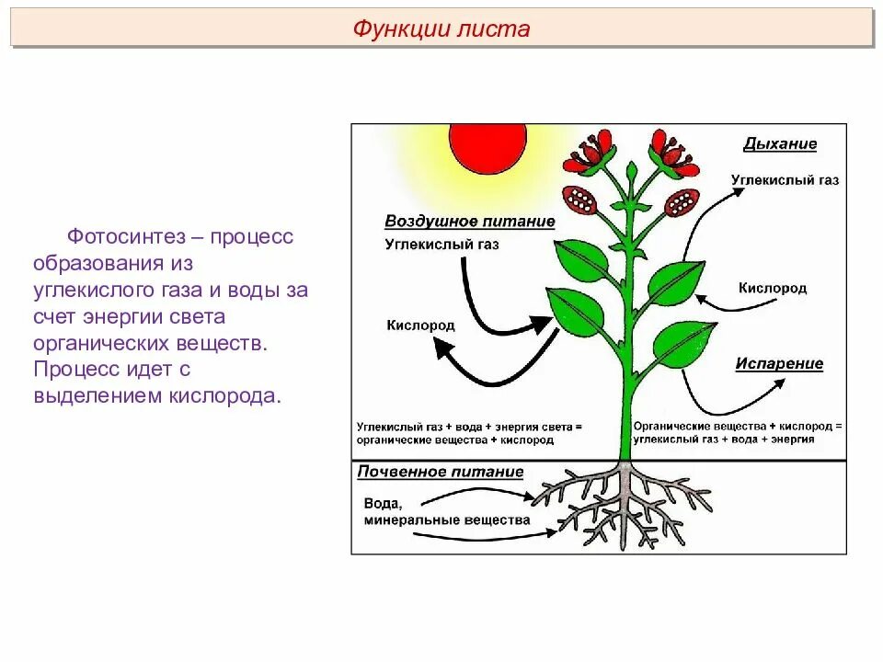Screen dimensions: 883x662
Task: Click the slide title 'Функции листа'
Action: point(441,29)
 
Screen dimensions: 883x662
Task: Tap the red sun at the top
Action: point(487,147)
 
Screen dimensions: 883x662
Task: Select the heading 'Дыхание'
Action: point(780,144)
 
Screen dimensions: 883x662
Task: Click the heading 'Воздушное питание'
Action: point(469,222)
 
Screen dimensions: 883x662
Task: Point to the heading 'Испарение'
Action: point(779,363)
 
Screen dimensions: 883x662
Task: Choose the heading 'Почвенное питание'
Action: point(441,473)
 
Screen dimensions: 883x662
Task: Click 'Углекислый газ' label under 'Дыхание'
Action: point(785,181)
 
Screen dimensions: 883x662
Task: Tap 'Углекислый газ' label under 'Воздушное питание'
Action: point(441,245)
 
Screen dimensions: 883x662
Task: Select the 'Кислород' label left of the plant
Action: point(420,325)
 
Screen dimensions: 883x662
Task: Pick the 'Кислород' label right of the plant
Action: point(773,288)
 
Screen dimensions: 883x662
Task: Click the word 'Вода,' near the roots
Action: point(384,502)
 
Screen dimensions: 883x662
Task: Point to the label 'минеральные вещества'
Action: point(447,519)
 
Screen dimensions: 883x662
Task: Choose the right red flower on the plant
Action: point(672,153)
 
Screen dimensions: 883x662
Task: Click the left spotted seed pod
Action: point(581,199)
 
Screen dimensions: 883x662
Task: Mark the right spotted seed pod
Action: point(683,200)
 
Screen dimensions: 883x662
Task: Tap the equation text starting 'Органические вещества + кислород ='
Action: point(738,428)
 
